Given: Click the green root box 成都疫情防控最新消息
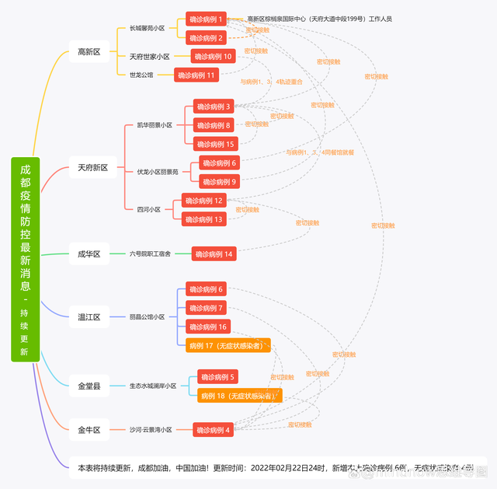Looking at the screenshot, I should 25,259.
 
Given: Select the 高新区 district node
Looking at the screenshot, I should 89,52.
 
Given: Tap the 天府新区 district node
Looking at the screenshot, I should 92,167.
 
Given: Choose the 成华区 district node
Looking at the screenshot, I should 89,254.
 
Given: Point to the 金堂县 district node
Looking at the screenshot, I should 89,386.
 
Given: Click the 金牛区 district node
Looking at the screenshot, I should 89,429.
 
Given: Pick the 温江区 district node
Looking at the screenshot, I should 89,317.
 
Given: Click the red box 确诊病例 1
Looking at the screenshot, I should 207,19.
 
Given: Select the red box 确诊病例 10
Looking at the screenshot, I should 213,57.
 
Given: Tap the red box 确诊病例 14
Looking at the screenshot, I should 214,254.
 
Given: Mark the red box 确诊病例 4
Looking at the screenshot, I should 213,430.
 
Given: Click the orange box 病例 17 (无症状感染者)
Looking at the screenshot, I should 228,345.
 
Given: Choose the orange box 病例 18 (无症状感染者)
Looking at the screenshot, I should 239,396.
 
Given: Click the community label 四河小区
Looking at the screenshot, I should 148,210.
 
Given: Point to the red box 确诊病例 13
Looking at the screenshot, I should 204,219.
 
